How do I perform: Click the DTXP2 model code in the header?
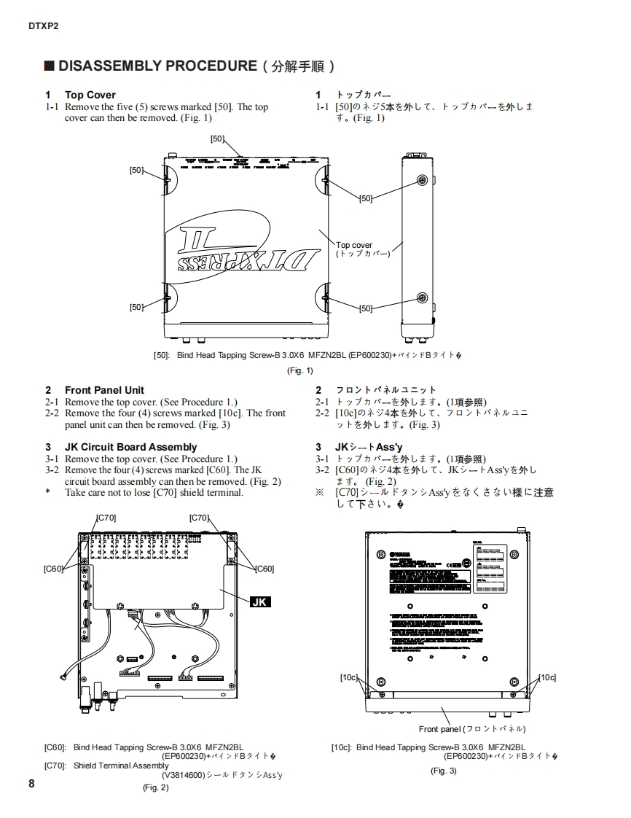coord(43,26)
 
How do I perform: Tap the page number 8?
coord(31,783)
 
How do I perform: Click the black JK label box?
coord(260,601)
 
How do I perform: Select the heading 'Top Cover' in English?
coord(90,95)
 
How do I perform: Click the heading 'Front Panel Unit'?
coord(104,390)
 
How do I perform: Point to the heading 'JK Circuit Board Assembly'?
coord(130,447)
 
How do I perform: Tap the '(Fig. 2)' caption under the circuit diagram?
coord(155,787)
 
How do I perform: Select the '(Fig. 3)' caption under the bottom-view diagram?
coord(443,771)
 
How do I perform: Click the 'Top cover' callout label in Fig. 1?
coord(354,246)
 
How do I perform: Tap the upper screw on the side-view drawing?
coord(421,180)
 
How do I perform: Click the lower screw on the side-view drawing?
coord(421,297)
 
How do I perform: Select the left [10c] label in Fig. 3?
coord(349,677)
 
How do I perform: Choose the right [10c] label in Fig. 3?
coord(547,677)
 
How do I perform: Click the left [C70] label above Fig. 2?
coord(106,518)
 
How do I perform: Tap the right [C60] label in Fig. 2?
coord(264,569)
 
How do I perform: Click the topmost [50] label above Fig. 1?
coord(217,139)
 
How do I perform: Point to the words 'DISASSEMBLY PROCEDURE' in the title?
coord(157,66)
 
